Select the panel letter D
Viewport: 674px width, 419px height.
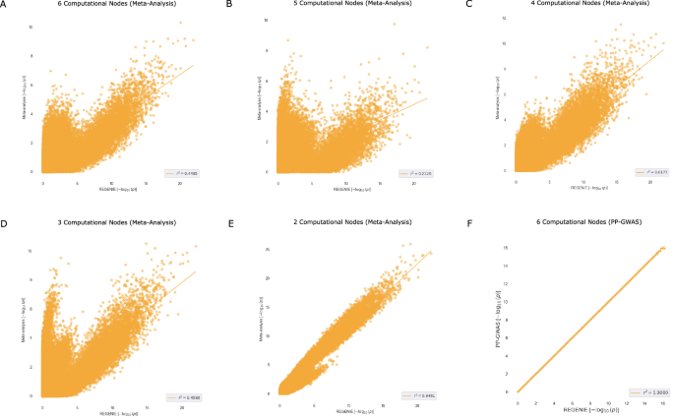pyautogui.click(x=5, y=223)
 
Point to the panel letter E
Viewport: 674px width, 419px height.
pyautogui.click(x=229, y=223)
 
